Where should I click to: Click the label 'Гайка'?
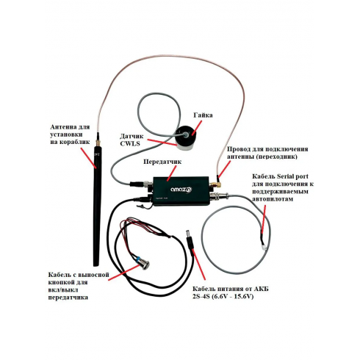tap(203, 115)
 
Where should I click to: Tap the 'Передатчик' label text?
tap(162, 162)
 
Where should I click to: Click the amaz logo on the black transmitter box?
tap(181, 190)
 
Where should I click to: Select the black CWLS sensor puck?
tap(185, 137)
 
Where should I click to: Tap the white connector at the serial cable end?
tap(264, 247)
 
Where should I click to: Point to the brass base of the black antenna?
tap(98, 142)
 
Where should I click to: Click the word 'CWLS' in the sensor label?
tap(130, 143)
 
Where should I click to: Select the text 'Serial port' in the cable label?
tap(292, 176)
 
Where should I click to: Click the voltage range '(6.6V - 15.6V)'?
tap(232, 297)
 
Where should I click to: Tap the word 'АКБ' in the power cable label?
tap(261, 289)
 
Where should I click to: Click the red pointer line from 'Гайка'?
tap(197, 127)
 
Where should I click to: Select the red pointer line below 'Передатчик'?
tap(171, 173)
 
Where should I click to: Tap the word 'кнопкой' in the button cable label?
tap(61, 282)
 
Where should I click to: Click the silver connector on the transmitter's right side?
tap(219, 196)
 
